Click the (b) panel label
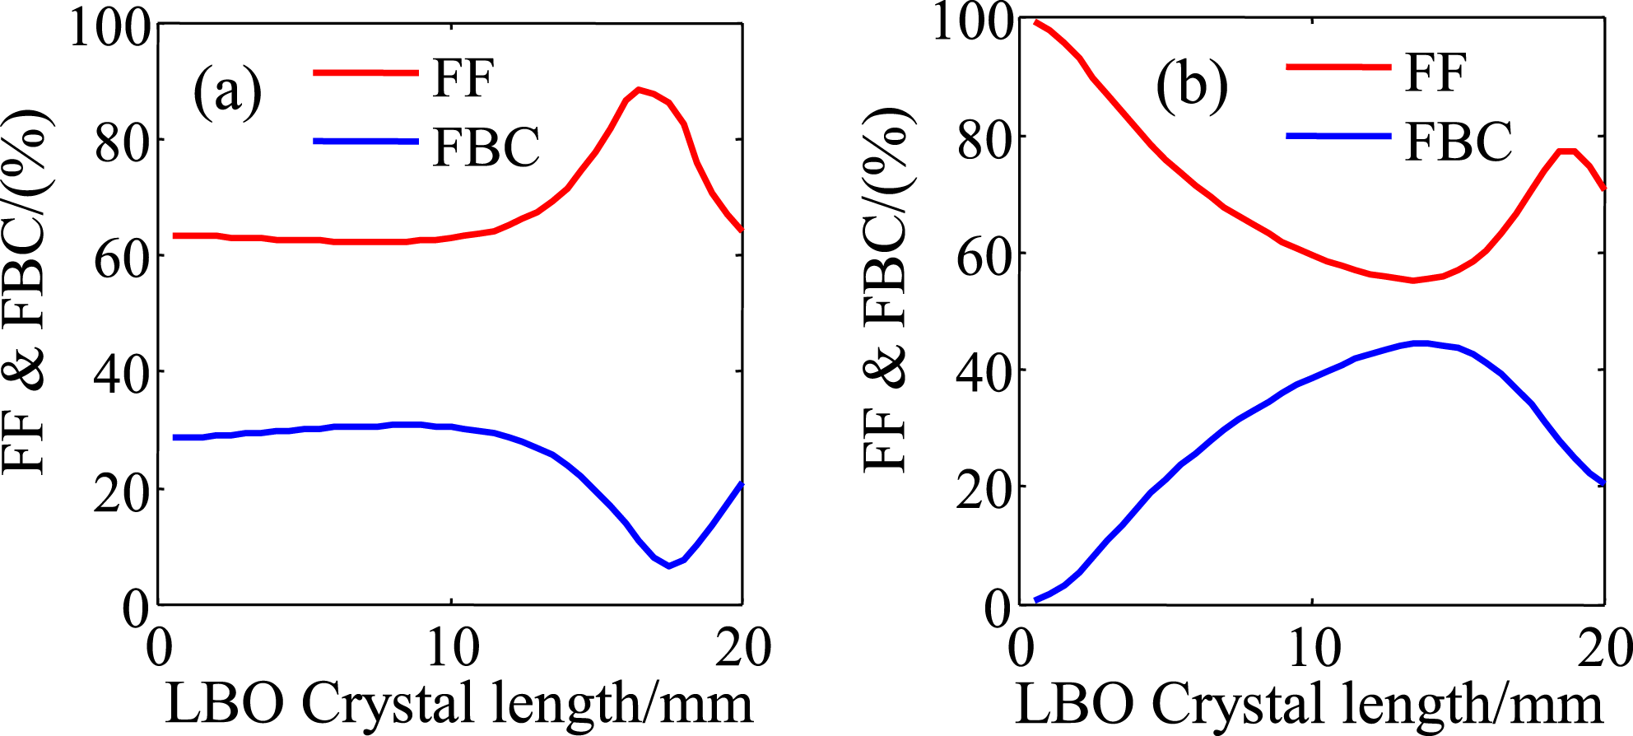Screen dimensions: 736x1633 [1191, 86]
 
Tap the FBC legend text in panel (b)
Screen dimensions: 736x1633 [1459, 142]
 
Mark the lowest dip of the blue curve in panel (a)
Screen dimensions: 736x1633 [668, 566]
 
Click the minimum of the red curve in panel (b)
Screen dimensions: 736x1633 [1413, 280]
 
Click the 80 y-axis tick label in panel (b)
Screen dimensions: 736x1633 [984, 140]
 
